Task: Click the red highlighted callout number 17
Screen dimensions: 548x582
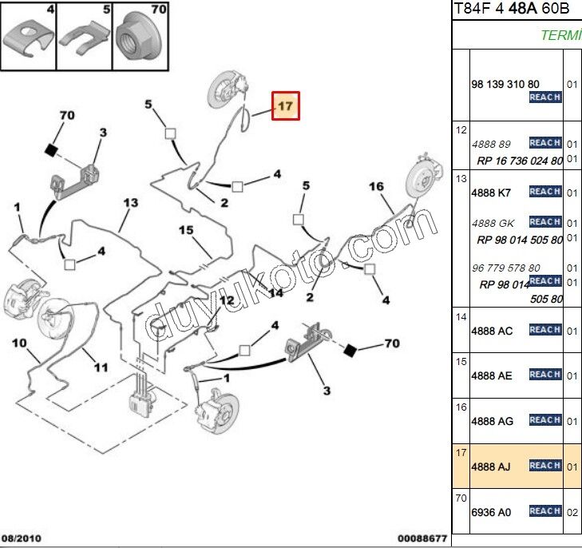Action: (286, 105)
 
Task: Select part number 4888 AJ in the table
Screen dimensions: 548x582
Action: (492, 466)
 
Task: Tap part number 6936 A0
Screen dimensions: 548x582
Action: (492, 511)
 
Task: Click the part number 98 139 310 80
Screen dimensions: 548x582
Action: (505, 84)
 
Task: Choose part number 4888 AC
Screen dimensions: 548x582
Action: (492, 330)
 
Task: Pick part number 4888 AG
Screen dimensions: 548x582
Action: (492, 421)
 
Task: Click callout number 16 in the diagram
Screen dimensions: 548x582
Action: (376, 187)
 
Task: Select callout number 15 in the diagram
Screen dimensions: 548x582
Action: (186, 231)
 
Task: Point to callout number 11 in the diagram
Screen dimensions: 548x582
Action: (101, 367)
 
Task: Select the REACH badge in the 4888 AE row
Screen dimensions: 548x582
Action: (544, 375)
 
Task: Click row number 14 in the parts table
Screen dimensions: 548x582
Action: (461, 316)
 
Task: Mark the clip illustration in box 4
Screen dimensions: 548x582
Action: (27, 38)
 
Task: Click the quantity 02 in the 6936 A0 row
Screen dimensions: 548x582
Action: (572, 512)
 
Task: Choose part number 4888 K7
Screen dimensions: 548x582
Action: (491, 193)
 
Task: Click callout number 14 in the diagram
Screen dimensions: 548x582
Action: (276, 293)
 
